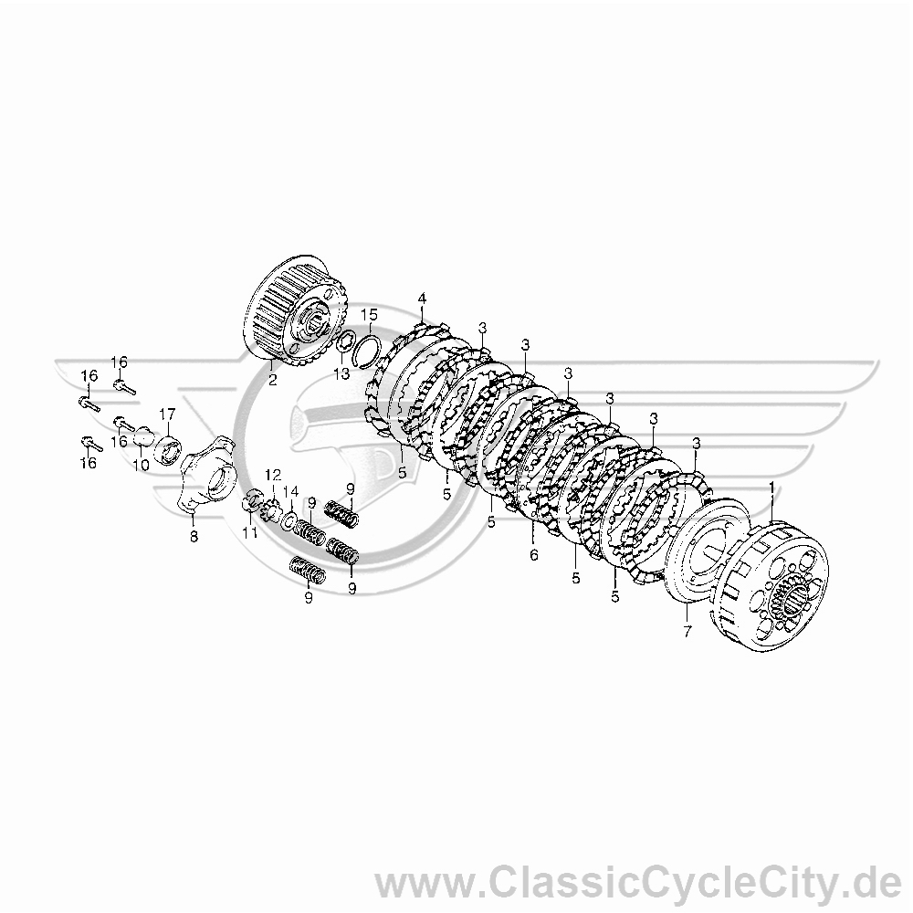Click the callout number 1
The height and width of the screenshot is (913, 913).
coord(772,487)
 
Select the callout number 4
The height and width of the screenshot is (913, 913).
coord(422,299)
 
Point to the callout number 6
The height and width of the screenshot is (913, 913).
coord(534,555)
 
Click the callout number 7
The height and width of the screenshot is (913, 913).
coord(687,631)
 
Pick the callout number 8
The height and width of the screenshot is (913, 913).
coord(194,535)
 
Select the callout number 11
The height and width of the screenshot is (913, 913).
coord(250,533)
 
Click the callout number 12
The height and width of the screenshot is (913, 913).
coord(273,473)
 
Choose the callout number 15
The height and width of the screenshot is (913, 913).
coord(369,315)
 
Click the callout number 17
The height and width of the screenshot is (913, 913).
coord(167,414)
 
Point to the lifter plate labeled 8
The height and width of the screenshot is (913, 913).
coord(208,475)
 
